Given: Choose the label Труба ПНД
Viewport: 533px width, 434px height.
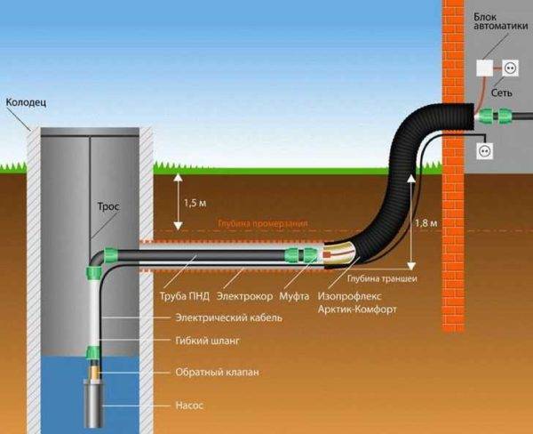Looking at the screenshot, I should click(184, 293).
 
